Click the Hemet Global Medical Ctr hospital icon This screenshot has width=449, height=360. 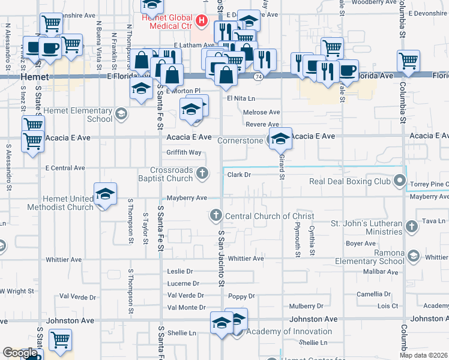coord(202,23)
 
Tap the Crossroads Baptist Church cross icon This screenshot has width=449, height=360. coord(203,174)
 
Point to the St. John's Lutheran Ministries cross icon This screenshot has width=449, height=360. coord(411,227)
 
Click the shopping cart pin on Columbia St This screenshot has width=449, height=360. coord(408,61)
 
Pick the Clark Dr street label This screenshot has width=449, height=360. coord(238,175)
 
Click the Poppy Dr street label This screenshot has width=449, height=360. coord(242,296)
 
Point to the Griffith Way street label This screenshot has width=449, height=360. coord(184,152)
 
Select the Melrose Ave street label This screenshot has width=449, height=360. coord(262,112)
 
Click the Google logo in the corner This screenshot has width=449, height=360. coord(20,353)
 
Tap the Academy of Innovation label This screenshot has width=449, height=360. coord(289,331)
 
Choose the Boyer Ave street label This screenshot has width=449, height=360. coord(360,244)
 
